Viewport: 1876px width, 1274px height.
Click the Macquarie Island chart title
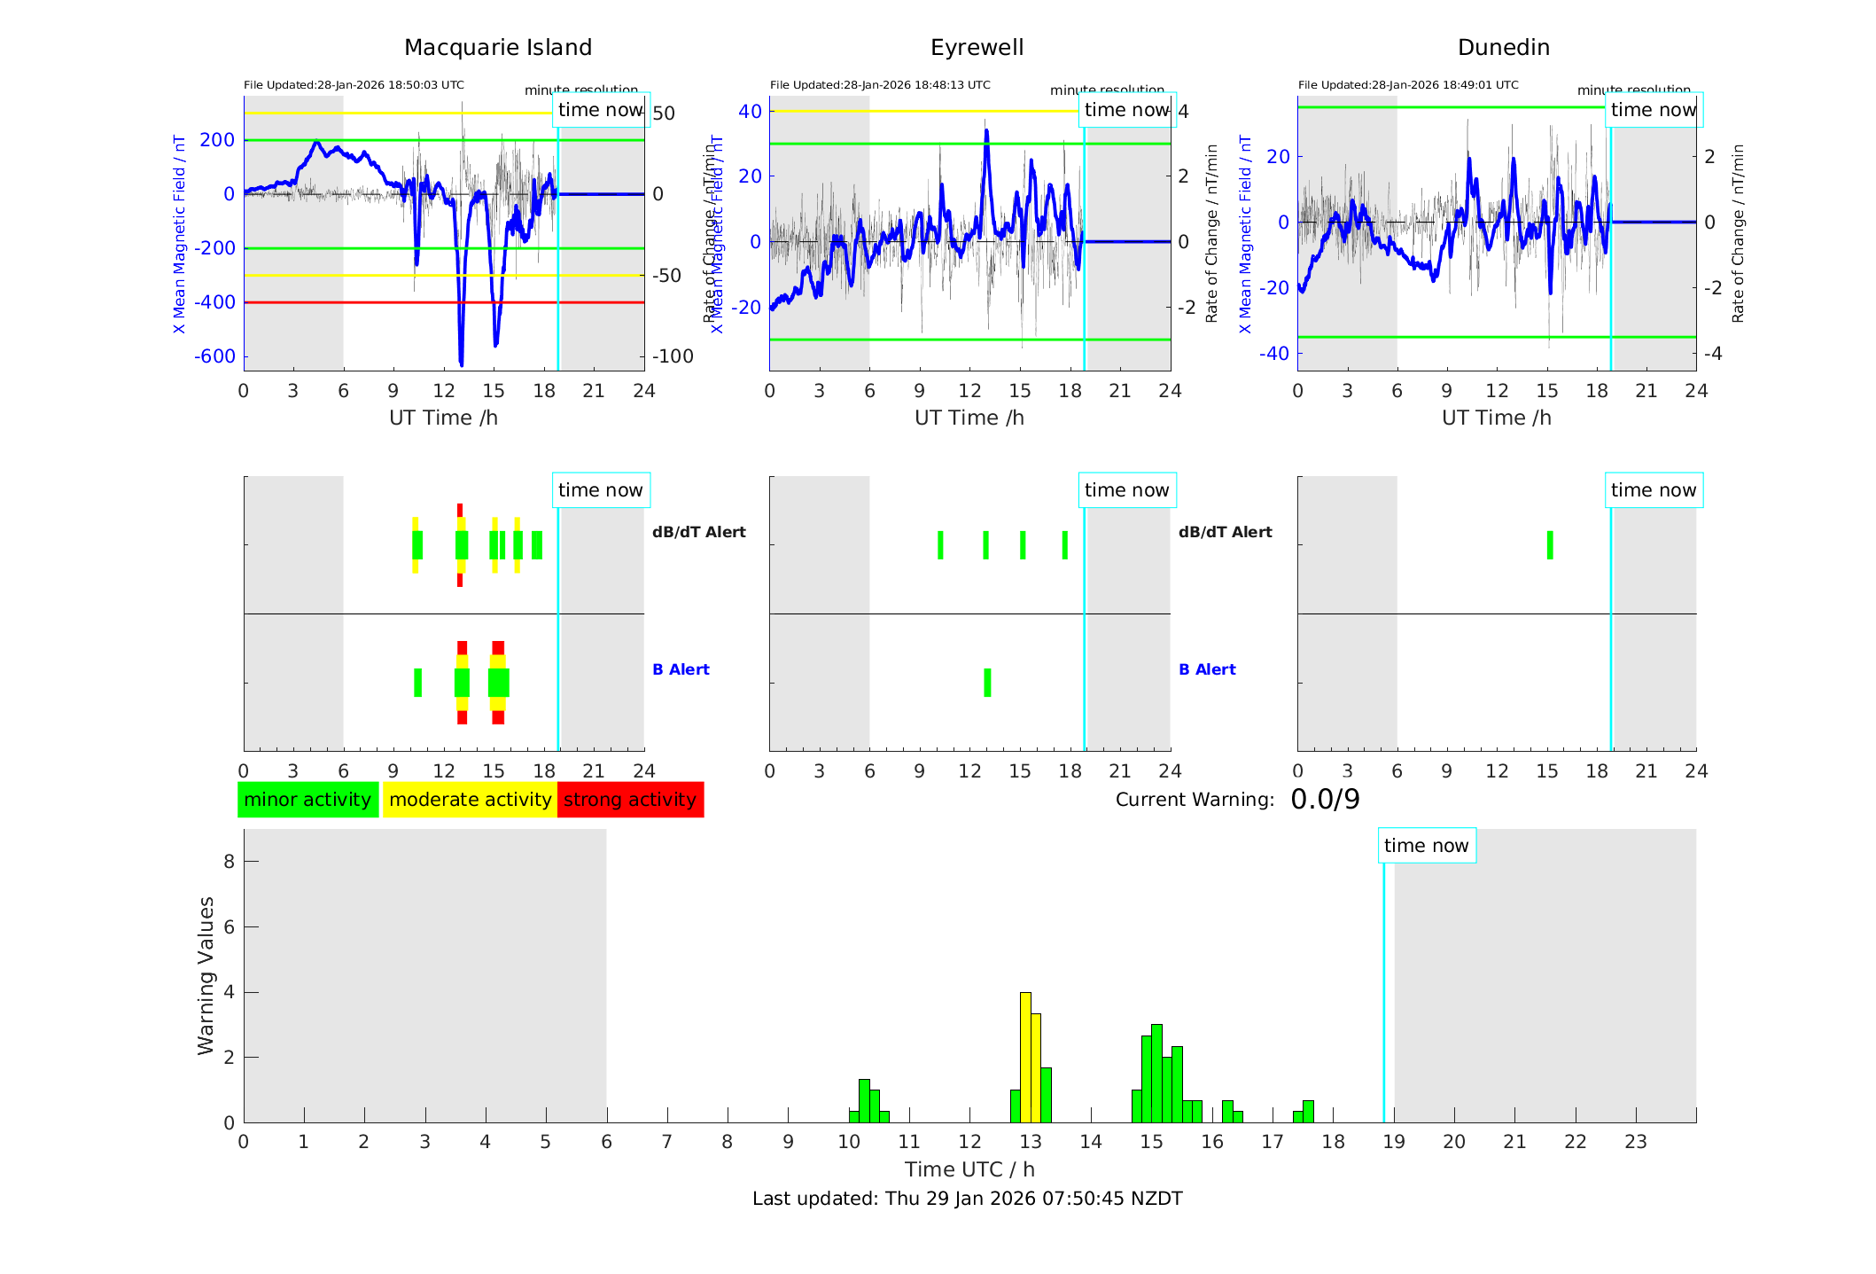pos(497,48)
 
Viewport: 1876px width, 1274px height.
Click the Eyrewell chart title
pos(977,48)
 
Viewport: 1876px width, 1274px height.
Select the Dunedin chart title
pos(1503,48)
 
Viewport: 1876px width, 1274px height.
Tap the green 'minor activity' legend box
pos(307,800)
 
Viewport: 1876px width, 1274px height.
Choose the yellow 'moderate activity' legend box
pos(470,800)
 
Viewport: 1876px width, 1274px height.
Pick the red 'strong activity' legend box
pos(630,800)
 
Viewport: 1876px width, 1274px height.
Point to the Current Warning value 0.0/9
pos(1325,800)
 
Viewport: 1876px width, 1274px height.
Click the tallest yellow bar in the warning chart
pos(1025,1057)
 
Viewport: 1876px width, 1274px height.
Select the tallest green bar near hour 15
pos(1156,1073)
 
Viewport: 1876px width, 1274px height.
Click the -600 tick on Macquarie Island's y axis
pos(216,356)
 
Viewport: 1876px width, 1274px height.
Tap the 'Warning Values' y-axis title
pos(206,975)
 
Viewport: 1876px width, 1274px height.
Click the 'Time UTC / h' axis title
pos(969,1169)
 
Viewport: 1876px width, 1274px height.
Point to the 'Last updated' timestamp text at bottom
pos(967,1199)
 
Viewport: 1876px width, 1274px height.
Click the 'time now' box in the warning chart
pos(1426,846)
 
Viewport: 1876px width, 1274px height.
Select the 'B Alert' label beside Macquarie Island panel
pos(681,669)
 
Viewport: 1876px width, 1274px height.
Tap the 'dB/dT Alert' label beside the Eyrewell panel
pos(1225,532)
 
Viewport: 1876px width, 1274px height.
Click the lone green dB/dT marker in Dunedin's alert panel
pos(1550,545)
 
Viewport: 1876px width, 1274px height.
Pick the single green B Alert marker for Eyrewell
pos(987,683)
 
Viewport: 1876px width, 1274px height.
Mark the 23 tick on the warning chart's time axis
pos(1636,1142)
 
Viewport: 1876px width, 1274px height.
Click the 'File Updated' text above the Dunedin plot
pos(1408,85)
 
